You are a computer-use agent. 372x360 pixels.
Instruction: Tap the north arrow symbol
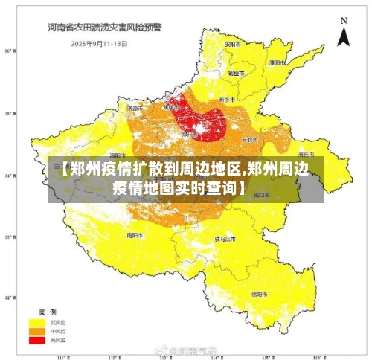pos(343,33)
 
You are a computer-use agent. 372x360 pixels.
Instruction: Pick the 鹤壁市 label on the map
pos(236,74)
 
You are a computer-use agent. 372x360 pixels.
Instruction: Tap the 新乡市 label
pos(228,100)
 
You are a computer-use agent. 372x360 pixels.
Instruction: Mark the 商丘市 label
pos(303,146)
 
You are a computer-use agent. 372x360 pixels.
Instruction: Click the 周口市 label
pos(262,195)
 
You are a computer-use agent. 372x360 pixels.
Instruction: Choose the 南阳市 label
pos(135,234)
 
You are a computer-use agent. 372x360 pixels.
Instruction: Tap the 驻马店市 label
pos(225,240)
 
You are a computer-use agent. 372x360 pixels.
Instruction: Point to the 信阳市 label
pos(259,294)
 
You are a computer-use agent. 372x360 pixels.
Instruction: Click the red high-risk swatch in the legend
pos(36,339)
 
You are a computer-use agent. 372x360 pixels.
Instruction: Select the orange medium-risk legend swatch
pos(36,331)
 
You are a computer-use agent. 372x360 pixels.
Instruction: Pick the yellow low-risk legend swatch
pos(36,323)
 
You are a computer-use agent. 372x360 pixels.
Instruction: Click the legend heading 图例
pos(48,312)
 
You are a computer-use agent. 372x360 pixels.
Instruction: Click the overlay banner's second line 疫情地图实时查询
pos(179,187)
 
